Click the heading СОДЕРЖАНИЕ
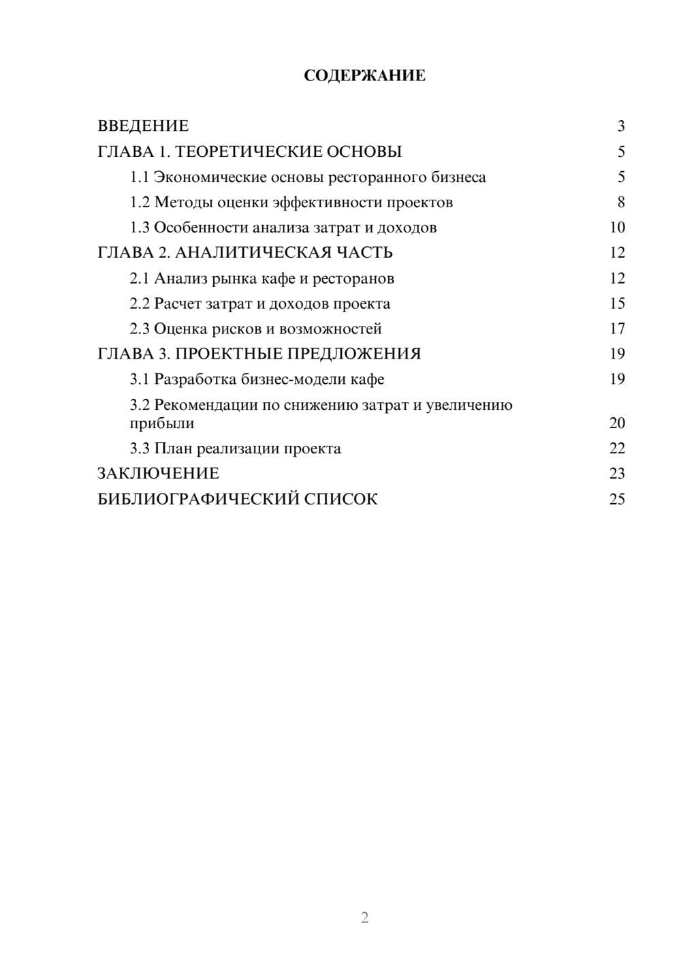pyautogui.click(x=364, y=76)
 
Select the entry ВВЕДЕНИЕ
pyautogui.click(x=143, y=126)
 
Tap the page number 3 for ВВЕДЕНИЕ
pyautogui.click(x=620, y=126)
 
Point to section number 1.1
pyautogui.click(x=139, y=177)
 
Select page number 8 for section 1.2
pyautogui.click(x=620, y=202)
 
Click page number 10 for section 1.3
pyautogui.click(x=617, y=228)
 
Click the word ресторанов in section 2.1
pyautogui.click(x=353, y=278)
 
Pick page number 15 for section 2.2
pyautogui.click(x=617, y=303)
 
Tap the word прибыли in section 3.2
pyautogui.click(x=162, y=423)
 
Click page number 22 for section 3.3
pyautogui.click(x=617, y=449)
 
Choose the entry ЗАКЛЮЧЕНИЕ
pyautogui.click(x=158, y=473)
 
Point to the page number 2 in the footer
pyautogui.click(x=364, y=918)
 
